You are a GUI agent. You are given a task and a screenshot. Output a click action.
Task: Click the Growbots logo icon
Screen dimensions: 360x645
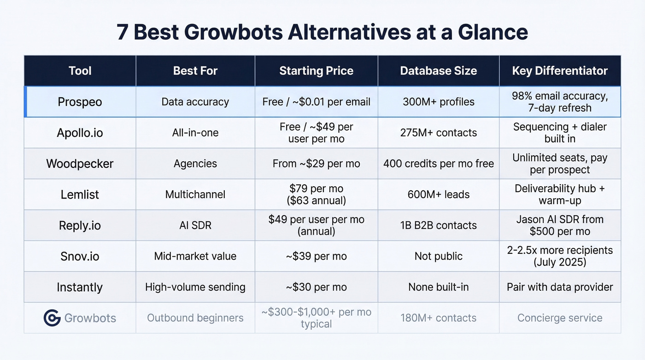pos(52,318)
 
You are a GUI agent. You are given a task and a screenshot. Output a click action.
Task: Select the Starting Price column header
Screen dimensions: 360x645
pos(316,71)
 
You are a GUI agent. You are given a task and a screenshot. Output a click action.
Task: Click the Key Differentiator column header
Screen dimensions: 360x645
pos(560,71)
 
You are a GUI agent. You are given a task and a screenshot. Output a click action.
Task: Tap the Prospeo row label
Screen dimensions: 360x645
pos(80,102)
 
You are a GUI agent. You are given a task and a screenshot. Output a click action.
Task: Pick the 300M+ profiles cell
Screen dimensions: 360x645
pos(438,102)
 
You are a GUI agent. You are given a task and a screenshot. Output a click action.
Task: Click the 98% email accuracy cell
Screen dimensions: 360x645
pos(560,102)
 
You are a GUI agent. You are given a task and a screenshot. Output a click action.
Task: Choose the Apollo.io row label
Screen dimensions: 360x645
pos(80,133)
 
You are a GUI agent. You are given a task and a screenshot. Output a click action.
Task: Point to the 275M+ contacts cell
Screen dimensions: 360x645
pos(438,133)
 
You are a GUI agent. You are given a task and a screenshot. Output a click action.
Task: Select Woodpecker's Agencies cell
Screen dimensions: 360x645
pos(195,164)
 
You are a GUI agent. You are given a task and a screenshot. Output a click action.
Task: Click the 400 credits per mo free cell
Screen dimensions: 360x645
pos(438,164)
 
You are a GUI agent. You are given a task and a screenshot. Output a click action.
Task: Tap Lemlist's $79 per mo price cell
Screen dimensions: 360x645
pos(316,195)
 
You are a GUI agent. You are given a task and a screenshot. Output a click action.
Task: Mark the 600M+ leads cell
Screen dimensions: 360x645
pos(438,195)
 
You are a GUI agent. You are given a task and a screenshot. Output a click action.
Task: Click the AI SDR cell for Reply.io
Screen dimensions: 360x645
pos(195,225)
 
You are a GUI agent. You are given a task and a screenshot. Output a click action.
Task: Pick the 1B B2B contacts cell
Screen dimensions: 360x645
pos(438,225)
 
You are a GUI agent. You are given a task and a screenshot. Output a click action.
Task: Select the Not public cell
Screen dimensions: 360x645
pos(438,256)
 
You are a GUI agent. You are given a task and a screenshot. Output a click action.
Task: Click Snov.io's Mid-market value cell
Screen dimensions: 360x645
pos(195,256)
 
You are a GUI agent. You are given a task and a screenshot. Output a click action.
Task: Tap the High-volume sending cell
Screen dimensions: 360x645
pos(195,287)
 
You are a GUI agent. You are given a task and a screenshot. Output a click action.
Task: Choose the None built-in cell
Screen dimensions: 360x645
pos(438,287)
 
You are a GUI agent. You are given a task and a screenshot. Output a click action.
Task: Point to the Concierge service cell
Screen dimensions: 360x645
pos(560,318)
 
